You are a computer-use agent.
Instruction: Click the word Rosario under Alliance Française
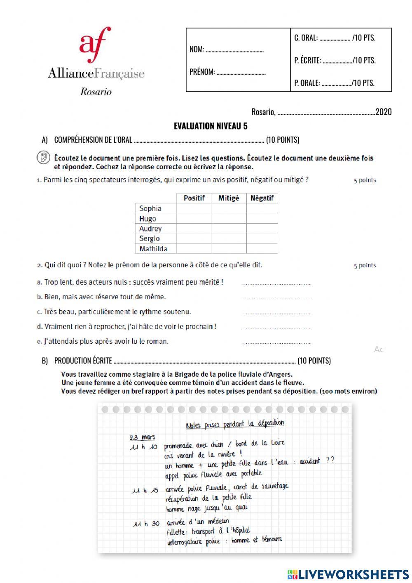click(96, 92)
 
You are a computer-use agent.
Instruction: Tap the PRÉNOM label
click(202, 72)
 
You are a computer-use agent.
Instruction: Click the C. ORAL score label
click(306, 38)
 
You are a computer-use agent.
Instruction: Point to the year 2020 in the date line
click(384, 112)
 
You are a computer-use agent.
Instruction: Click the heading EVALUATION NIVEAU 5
click(211, 126)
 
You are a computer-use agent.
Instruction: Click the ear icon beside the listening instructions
click(43, 158)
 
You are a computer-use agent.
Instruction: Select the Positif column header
click(194, 198)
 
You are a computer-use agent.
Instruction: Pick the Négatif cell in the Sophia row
click(262, 208)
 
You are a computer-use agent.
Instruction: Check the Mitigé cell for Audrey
click(229, 229)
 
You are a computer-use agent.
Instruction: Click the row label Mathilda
click(153, 249)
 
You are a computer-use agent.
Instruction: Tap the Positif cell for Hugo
click(194, 219)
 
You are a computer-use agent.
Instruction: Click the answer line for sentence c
click(276, 313)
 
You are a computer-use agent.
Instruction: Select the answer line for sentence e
click(276, 342)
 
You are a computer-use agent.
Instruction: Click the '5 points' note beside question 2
click(365, 265)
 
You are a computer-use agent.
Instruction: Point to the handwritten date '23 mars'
click(142, 437)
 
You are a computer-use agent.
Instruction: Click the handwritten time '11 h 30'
click(146, 524)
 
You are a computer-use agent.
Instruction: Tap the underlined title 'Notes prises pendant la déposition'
click(235, 424)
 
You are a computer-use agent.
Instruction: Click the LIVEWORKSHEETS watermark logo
click(348, 574)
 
